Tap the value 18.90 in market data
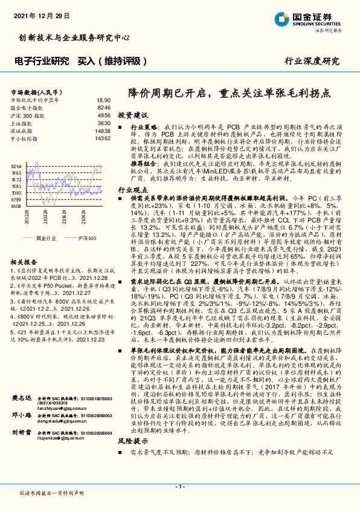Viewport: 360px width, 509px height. [x=103, y=100]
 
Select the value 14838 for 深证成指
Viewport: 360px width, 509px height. [x=102, y=131]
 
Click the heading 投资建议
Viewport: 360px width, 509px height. [x=131, y=114]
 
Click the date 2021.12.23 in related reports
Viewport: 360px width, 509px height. [x=82, y=357]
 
